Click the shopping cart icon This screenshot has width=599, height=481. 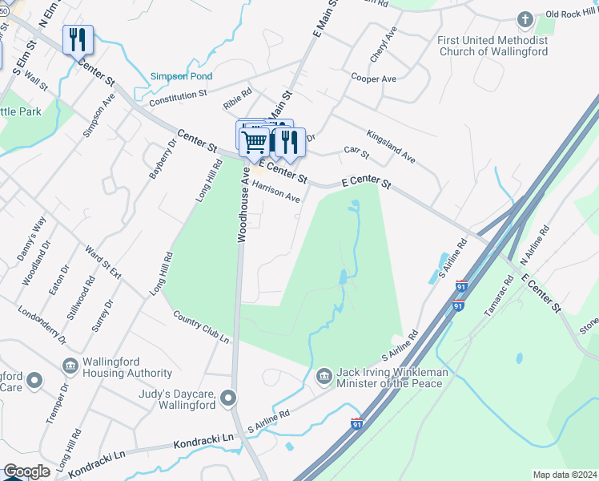coord(255,142)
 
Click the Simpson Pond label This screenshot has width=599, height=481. coord(182,77)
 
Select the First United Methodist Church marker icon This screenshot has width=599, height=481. coord(525,18)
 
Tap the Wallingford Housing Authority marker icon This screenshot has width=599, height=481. coord(69,366)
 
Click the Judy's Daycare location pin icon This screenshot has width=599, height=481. coord(229,398)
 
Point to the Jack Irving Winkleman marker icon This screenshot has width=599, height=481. coord(324,375)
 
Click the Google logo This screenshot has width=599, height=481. coord(26,471)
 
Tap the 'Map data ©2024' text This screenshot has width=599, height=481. coord(565,475)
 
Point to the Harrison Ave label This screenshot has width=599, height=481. coord(275,191)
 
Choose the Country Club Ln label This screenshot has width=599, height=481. coord(201,326)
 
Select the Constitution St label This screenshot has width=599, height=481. coord(178,96)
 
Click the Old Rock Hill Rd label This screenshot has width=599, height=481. coord(572,14)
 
